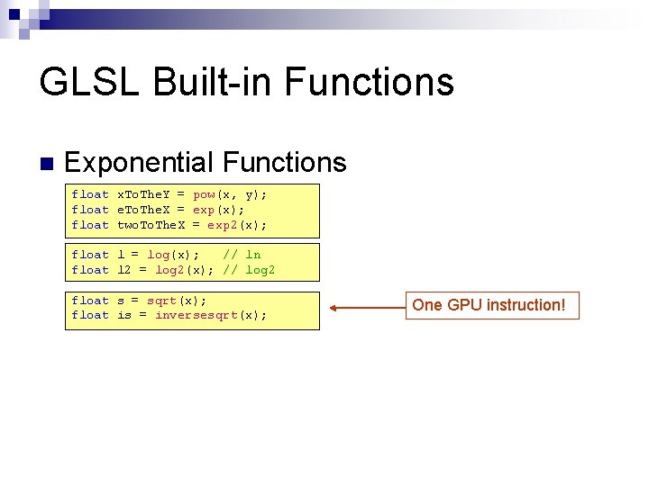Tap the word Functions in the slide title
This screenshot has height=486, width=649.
tap(370, 82)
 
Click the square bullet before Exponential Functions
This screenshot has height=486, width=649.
tap(46, 164)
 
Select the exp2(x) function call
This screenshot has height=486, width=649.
tap(236, 225)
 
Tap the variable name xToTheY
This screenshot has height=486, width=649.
tap(143, 194)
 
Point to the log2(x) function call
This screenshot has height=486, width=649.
tap(185, 270)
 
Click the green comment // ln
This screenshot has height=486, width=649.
tap(242, 255)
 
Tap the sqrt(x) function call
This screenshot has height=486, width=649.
tap(177, 300)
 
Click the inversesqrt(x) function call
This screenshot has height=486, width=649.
tap(210, 315)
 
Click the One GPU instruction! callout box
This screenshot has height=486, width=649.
tap(489, 305)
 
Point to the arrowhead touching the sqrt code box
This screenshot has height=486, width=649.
tap(334, 308)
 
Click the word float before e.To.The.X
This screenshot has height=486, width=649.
tap(90, 210)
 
